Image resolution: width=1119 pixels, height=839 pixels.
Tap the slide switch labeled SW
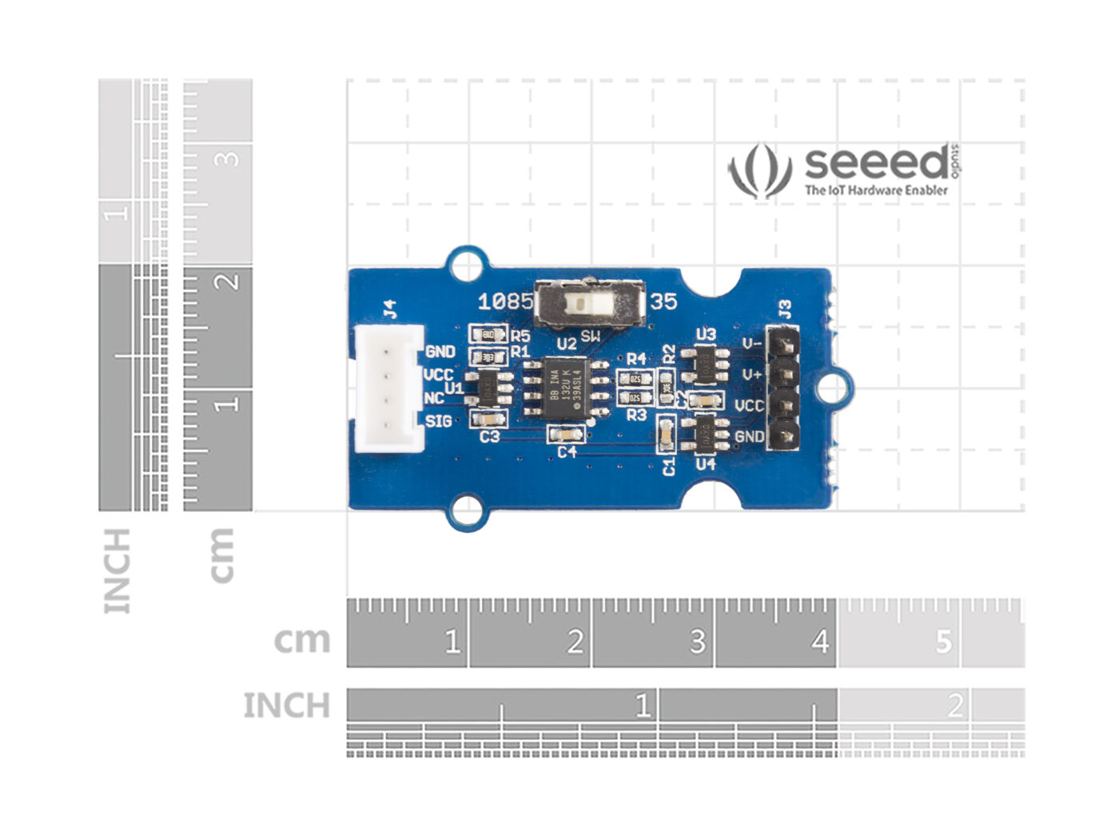pos(590,304)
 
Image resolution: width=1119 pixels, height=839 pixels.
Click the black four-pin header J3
pos(783,389)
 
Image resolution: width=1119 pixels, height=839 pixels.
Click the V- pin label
pos(751,344)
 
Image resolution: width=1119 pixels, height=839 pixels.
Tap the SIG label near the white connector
pos(438,421)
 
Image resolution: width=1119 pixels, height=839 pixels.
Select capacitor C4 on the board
pos(565,435)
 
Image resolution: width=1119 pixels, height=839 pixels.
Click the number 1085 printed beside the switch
pos(504,301)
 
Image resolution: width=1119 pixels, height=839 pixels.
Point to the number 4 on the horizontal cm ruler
pos(820,642)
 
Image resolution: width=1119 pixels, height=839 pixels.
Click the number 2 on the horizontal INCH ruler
pos(954,706)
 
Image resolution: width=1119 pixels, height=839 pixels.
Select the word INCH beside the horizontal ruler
pos(286,706)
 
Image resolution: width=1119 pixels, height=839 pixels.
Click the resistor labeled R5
pos(488,335)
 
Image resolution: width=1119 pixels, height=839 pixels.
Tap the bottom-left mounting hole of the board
pos(467,511)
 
